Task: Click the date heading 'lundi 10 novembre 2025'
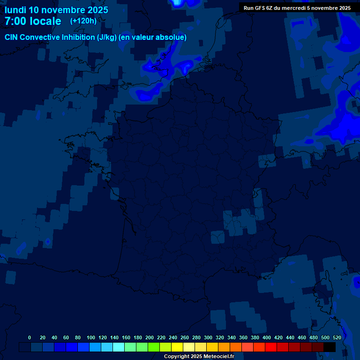[56, 10]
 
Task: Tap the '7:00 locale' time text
[33, 21]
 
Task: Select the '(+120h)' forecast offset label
[83, 21]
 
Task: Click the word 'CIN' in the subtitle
[12, 37]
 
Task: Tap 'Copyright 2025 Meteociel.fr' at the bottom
[199, 357]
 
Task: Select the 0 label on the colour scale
[30, 337]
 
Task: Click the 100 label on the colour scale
[91, 337]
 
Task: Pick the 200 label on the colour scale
[150, 337]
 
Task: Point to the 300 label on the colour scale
[208, 337]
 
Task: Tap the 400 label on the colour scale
[267, 337]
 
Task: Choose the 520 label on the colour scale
[337, 337]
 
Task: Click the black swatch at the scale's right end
[330, 347]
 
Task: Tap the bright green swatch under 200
[154, 347]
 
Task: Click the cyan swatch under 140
[119, 347]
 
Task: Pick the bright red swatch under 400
[271, 347]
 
